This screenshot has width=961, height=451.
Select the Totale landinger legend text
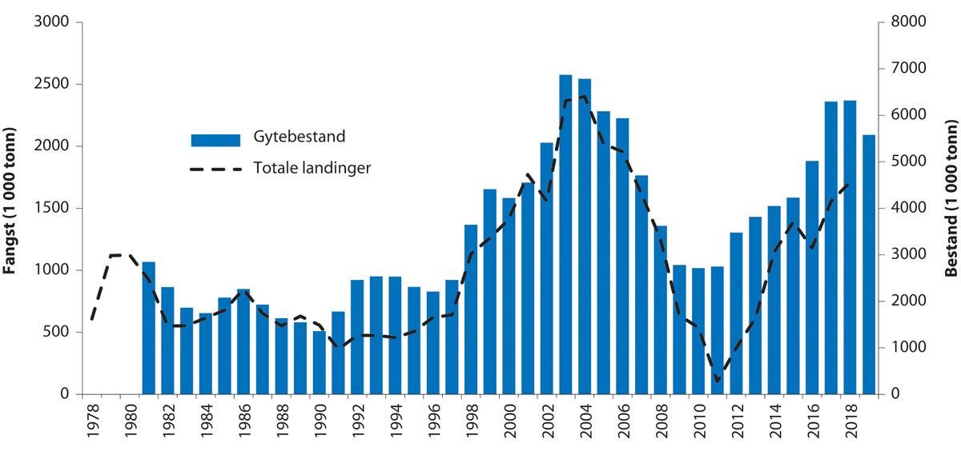(312, 169)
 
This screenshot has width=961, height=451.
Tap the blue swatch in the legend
(215, 140)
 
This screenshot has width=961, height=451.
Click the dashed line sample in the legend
(215, 170)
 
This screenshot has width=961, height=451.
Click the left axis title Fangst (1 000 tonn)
(10, 208)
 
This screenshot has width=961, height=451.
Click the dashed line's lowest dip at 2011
(717, 381)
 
